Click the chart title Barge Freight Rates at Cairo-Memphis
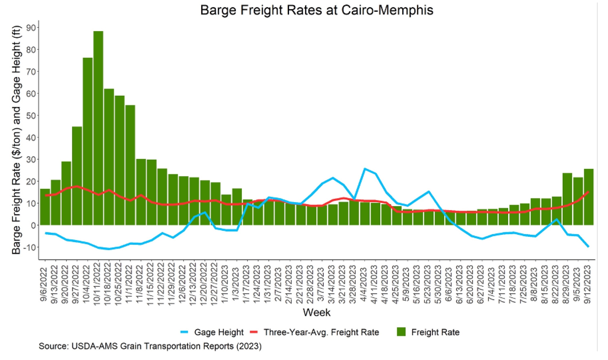pyautogui.click(x=316, y=10)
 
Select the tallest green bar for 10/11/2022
pyautogui.click(x=98, y=128)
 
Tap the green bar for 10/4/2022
pyautogui.click(x=87, y=142)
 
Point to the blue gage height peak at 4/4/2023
pyautogui.click(x=365, y=169)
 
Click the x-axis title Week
pyautogui.click(x=316, y=312)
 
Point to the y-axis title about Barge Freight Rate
pyautogui.click(x=16, y=140)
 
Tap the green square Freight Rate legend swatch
pyautogui.click(x=401, y=332)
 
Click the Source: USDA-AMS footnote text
pyautogui.click(x=150, y=346)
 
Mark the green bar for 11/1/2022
pyautogui.click(x=130, y=165)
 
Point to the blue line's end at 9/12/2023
pyautogui.click(x=588, y=247)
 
